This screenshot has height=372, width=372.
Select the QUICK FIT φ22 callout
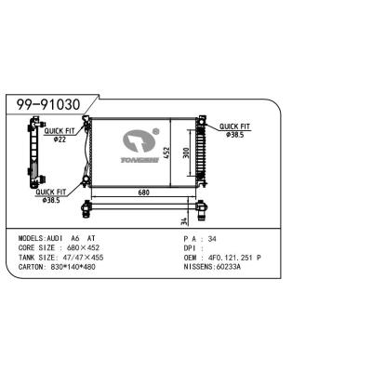pyautogui.click(x=57, y=136)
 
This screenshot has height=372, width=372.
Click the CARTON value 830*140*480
pyautogui.click(x=85, y=266)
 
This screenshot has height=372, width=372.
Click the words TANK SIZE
pyautogui.click(x=40, y=257)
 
